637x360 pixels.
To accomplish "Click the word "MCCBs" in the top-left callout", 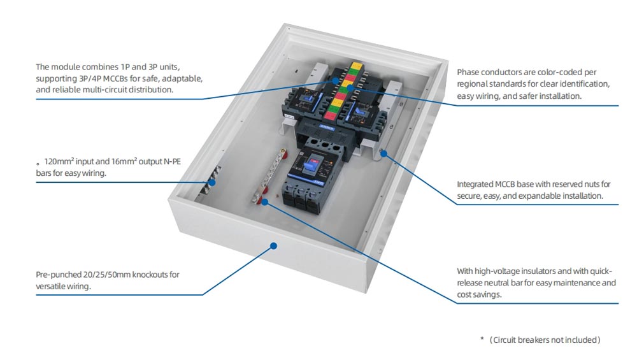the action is tap(115, 78).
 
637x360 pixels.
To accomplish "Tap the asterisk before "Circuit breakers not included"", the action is tap(482, 339).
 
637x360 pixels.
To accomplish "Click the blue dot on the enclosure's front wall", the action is tap(273, 246).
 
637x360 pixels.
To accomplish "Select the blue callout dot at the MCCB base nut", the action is tap(383, 154).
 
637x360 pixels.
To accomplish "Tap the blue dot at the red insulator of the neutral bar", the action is tap(265, 202).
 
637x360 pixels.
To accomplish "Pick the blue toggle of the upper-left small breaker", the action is tap(304, 98).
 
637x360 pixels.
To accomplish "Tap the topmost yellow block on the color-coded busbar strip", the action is tap(356, 65).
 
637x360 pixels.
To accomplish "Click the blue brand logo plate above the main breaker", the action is tap(327, 127).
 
